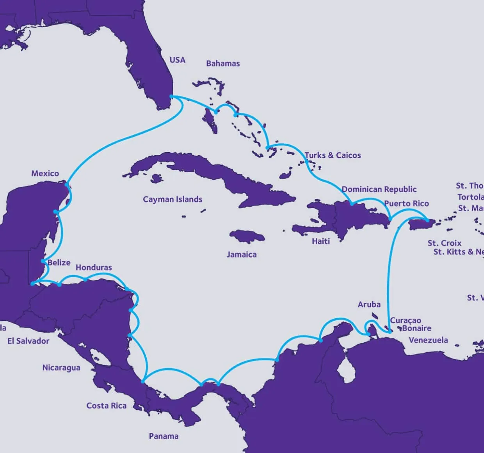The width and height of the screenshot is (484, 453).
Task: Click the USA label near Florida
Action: pos(177,60)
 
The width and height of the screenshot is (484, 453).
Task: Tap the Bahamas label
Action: pos(223,63)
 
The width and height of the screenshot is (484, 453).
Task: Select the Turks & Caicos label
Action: pos(333,155)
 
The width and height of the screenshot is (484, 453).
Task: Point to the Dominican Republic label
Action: pos(379,189)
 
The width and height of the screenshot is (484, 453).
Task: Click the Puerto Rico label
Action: pos(406,203)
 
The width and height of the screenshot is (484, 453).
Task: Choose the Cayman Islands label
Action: pos(173,199)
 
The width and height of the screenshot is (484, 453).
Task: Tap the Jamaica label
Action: pos(242,255)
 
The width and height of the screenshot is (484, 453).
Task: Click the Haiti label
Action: pos(321,241)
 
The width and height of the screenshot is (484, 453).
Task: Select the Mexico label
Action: pos(45,173)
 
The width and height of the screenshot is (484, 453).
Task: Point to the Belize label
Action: pos(59,262)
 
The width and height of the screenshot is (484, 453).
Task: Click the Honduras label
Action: pos(94,268)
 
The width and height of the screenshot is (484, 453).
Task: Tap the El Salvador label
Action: pos(28,341)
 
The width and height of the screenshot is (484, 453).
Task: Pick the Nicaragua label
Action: pos(61,367)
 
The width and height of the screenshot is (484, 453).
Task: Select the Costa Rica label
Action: pos(107,406)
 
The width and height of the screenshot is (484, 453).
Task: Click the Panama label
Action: pos(164,436)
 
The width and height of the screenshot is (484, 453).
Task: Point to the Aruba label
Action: pos(369,304)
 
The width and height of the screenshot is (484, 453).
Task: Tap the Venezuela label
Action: pos(428,340)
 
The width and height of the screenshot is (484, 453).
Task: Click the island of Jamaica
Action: pos(247,237)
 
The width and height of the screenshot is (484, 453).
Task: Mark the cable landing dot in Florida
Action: pos(171,96)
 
